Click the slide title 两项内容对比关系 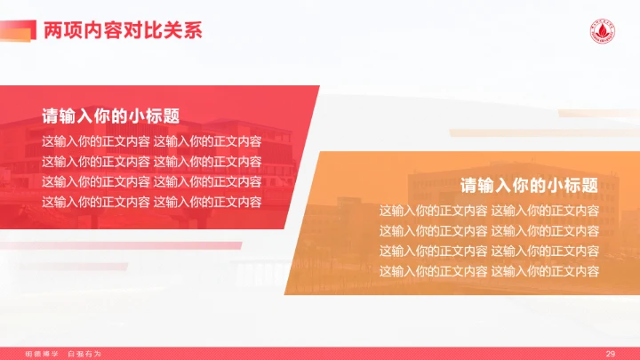click(123, 30)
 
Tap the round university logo click(603, 29)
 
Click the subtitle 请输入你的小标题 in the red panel click(110, 116)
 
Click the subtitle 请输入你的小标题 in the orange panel click(528, 186)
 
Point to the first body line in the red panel click(151, 140)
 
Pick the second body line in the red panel click(151, 161)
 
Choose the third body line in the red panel click(151, 181)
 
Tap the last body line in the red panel click(151, 202)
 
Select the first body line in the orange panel click(489, 211)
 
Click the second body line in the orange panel click(489, 231)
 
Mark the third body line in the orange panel click(489, 251)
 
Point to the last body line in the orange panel click(489, 271)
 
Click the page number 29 click(611, 354)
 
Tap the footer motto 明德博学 click(41, 354)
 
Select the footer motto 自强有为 click(85, 354)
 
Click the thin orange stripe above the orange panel click(591, 114)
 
